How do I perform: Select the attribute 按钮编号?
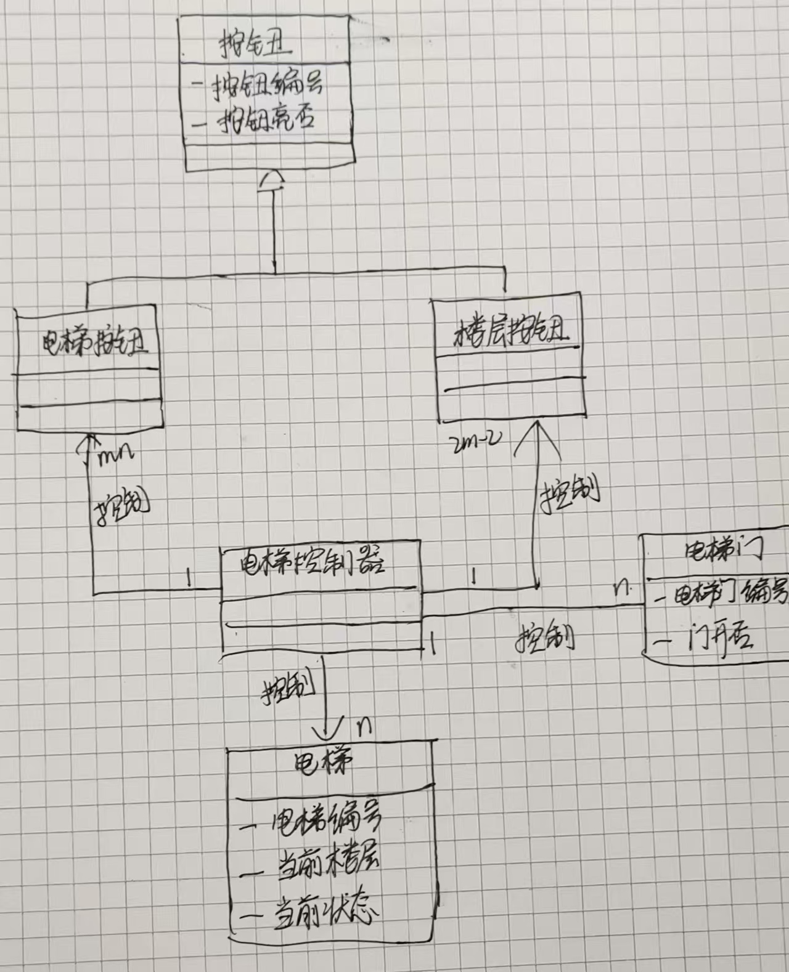point(266,85)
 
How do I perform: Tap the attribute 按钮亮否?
point(265,116)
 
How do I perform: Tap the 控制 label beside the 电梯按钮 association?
point(123,506)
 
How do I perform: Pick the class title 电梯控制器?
point(311,562)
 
